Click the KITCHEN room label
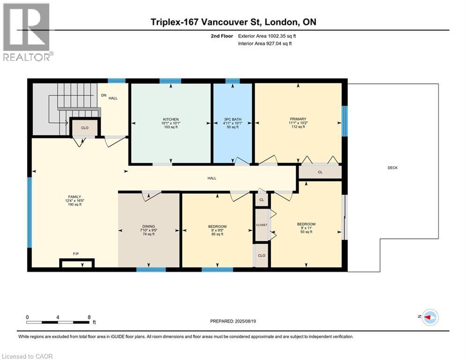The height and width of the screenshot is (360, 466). point(171,120)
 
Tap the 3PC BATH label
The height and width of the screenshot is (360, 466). point(233,120)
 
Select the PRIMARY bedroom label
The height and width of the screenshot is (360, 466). point(298,119)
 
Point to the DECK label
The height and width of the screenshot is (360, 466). point(392,168)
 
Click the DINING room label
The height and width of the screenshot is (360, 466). point(148,226)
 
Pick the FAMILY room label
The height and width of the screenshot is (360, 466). point(74,197)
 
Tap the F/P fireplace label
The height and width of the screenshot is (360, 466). point(76,254)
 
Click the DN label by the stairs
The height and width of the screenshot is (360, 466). point(104,95)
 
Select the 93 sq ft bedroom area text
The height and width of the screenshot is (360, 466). point(306,232)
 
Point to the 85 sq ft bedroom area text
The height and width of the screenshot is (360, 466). point(218,234)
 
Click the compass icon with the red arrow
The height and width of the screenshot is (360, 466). point(430,317)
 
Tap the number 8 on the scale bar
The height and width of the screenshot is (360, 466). point(89,317)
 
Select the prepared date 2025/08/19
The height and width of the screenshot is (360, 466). point(245,321)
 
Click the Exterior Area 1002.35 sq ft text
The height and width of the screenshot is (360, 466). point(267,36)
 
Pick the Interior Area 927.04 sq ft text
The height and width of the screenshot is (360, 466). point(265,44)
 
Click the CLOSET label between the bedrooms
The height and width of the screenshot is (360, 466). point(261,225)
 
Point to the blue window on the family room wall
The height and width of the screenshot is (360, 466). point(30,212)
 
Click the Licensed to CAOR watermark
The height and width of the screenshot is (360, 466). point(27,356)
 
